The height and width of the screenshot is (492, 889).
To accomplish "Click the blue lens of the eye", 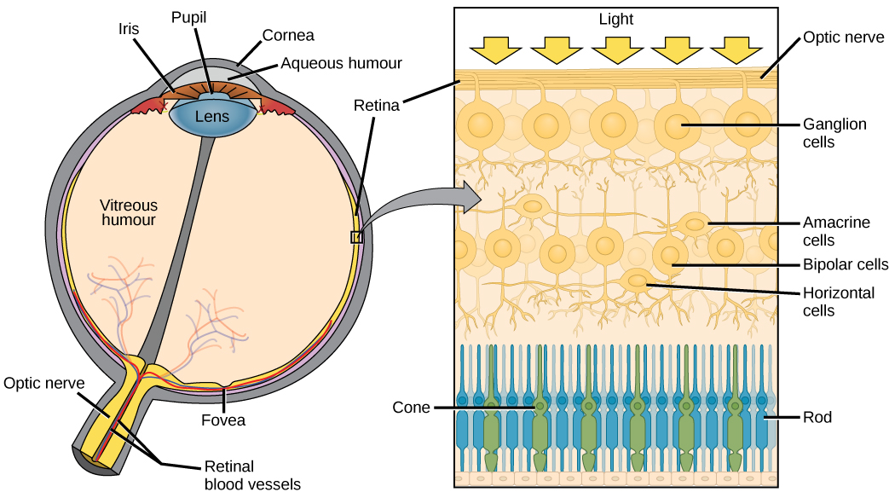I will tap(212, 116).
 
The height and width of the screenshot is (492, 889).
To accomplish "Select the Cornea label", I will tap(288, 35).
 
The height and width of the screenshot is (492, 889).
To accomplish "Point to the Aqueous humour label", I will tap(341, 63).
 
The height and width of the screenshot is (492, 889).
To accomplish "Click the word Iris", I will tap(129, 27).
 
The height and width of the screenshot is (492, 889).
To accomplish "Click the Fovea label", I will tap(224, 420).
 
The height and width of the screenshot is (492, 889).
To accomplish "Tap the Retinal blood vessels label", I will tap(252, 475).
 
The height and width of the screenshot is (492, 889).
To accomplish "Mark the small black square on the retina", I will tap(356, 237).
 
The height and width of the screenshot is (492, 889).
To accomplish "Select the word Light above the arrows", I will tap(616, 19).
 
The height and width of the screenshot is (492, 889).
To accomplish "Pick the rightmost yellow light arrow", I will tap(736, 50).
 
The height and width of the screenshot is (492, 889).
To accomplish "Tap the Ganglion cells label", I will tap(834, 133).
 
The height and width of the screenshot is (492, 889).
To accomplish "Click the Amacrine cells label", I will tap(836, 231).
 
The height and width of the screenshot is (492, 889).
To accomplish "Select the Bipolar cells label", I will tap(846, 265).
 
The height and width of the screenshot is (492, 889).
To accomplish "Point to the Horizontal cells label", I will tap(839, 301).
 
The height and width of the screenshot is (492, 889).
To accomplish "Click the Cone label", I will tap(411, 408).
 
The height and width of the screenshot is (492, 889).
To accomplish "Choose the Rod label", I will tap(817, 417).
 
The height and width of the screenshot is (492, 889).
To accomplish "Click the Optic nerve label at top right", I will tap(843, 38).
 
